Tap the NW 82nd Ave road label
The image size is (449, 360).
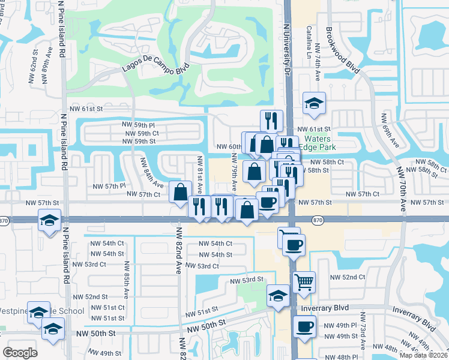point(178,252)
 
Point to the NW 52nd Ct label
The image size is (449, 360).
point(348,277)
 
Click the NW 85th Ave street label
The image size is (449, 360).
point(127,277)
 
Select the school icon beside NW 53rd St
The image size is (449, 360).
point(278,296)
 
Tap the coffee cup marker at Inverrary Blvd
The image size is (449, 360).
point(304,327)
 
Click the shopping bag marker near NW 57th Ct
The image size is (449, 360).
point(180,193)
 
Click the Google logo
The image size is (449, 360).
point(20,353)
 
